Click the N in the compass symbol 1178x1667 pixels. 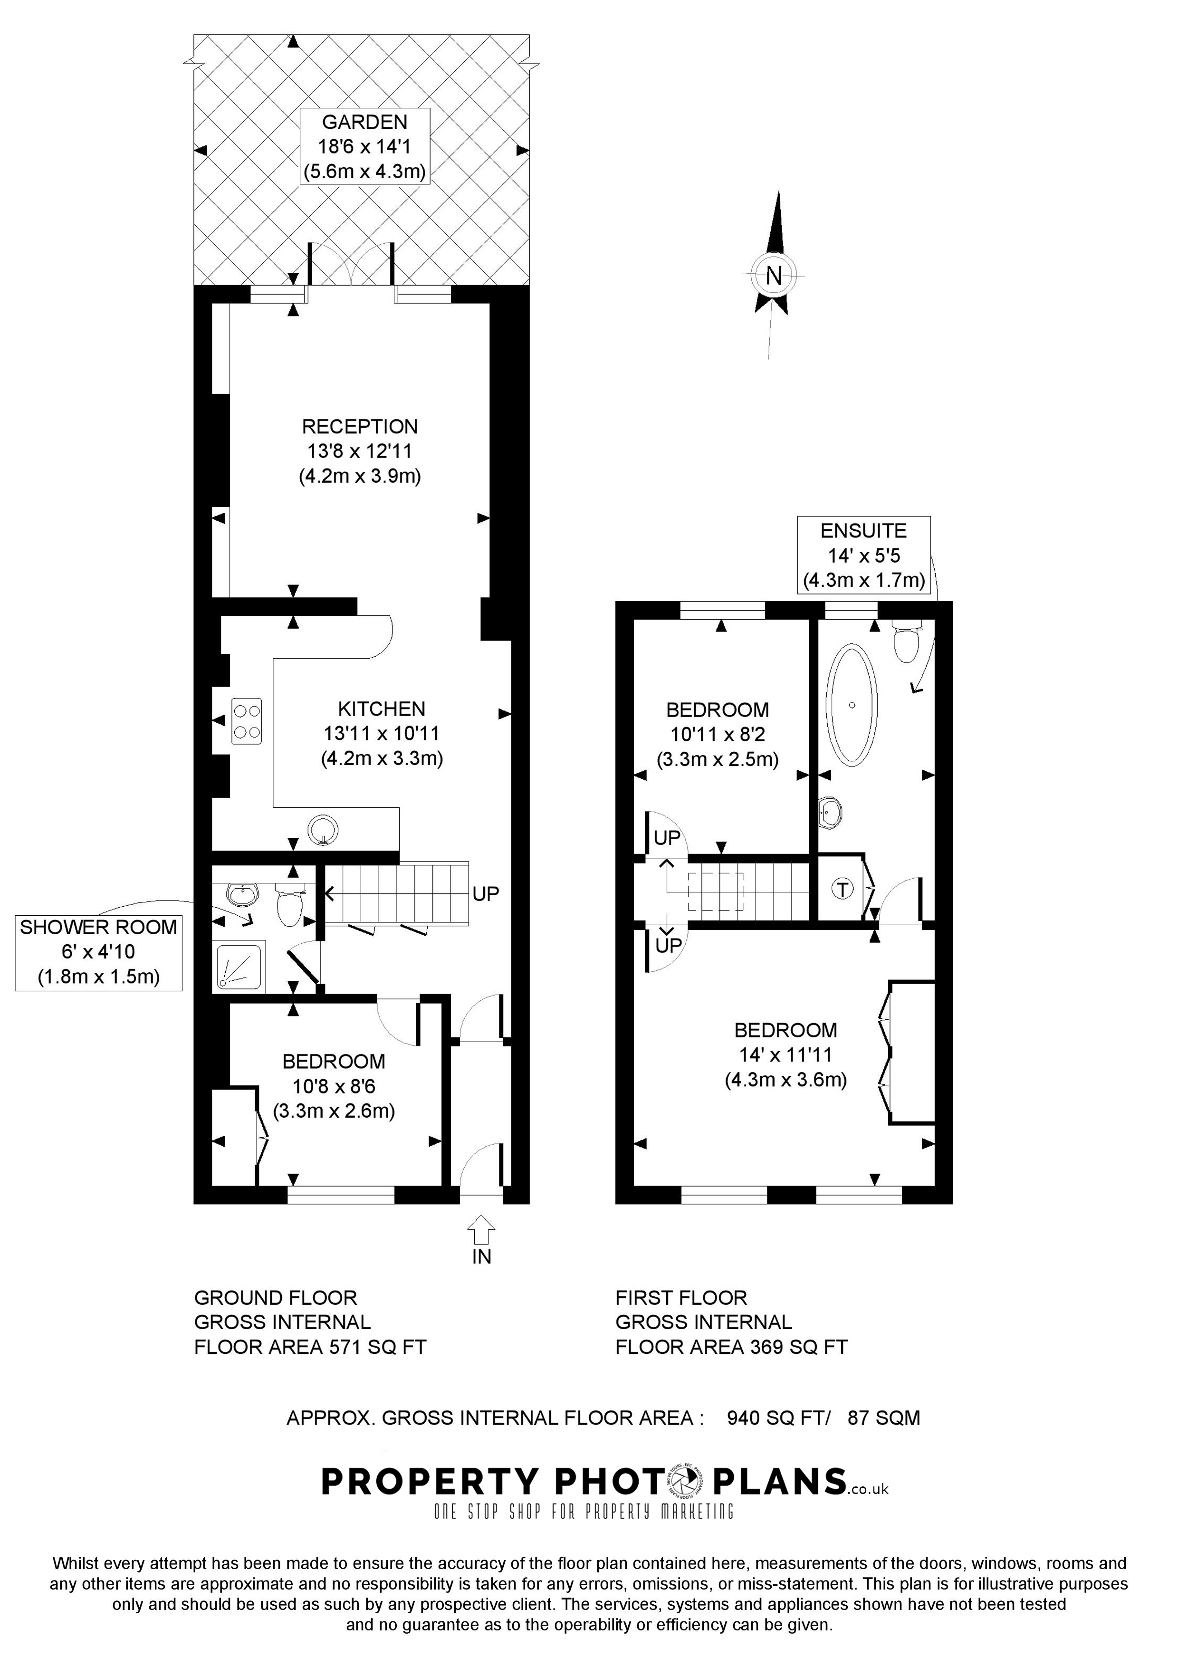coord(774,276)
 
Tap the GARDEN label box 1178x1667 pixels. coord(364,147)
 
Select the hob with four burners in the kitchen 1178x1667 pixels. coord(246,721)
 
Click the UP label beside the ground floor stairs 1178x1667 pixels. coord(486,894)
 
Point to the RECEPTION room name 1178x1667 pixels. coord(360,426)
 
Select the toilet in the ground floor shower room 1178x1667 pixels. coord(289,908)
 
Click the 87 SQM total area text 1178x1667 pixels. coord(883,1418)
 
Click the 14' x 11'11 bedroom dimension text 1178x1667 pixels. coord(785,1055)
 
